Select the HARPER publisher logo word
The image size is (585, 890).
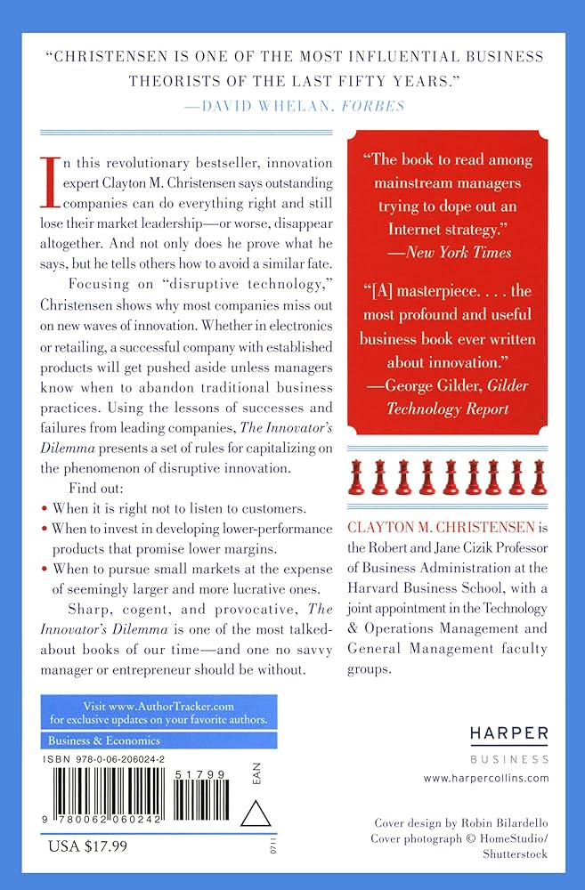click(509, 732)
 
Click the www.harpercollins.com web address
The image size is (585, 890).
click(487, 778)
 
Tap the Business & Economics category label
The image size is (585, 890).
click(93, 740)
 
